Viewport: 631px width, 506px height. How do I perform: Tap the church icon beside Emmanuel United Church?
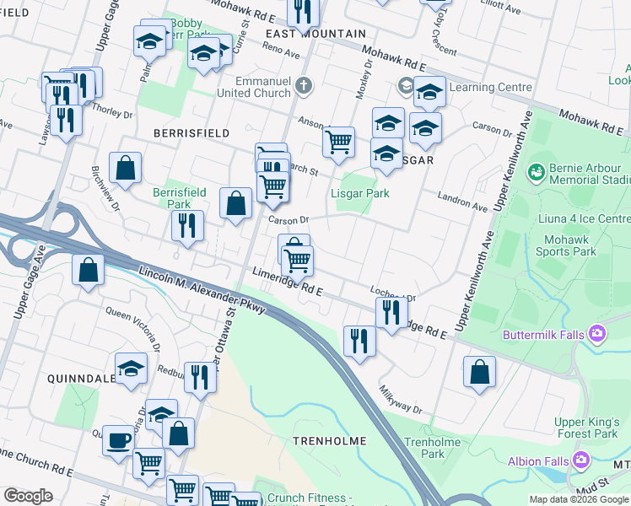pos(305,86)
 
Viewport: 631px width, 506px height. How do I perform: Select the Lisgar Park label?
pos(359,193)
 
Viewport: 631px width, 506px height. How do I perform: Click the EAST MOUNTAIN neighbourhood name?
pos(315,34)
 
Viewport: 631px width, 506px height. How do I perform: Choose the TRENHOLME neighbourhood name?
pos(329,441)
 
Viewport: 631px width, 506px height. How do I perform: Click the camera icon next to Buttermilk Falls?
pos(599,334)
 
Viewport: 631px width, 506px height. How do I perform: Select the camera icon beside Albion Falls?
pos(580,460)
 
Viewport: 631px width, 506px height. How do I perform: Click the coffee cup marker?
pos(118,440)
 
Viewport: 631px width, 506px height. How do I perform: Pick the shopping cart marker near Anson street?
pos(338,142)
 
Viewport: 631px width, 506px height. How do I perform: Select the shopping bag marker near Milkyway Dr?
pos(479,372)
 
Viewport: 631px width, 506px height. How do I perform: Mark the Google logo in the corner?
pos(28,496)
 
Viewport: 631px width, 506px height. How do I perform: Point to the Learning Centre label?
pos(490,87)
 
